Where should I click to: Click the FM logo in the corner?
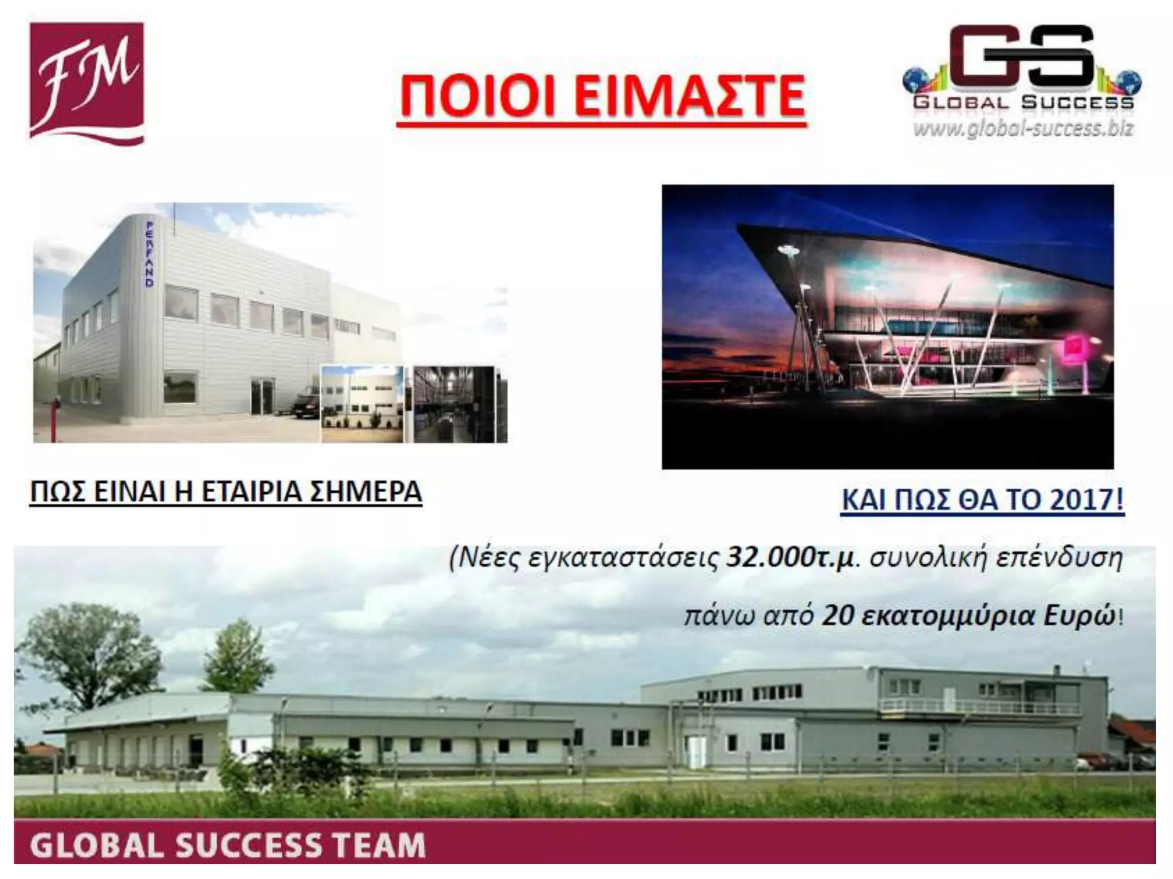(86, 83)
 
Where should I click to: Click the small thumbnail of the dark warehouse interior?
(454, 404)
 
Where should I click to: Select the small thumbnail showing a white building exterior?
(362, 404)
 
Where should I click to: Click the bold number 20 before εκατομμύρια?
(838, 616)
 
